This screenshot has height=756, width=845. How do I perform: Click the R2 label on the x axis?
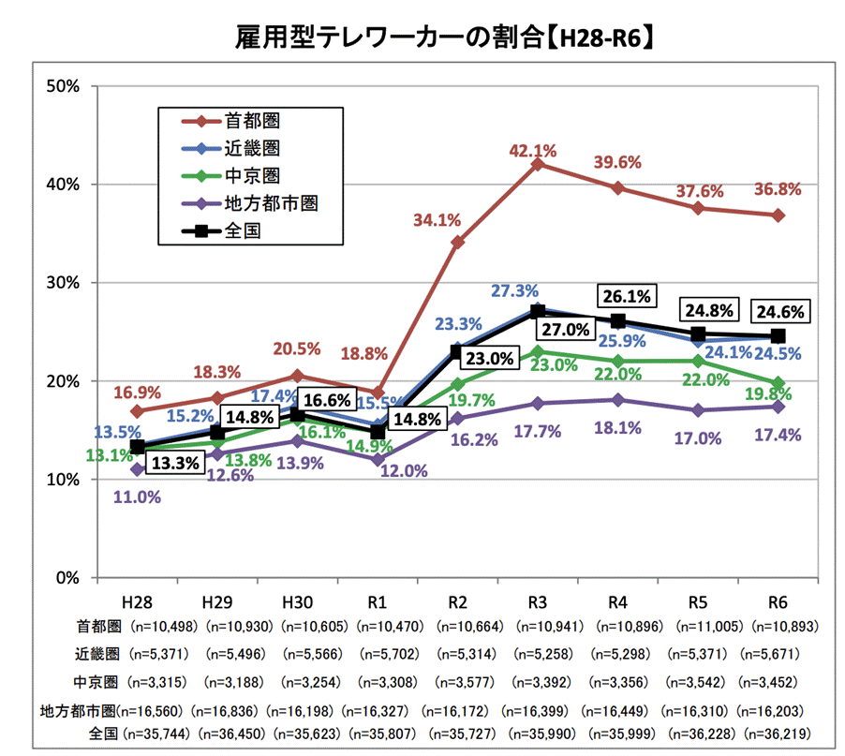[458, 599]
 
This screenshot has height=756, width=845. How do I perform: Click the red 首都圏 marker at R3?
[538, 164]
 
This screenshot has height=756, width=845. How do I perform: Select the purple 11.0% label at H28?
[137, 497]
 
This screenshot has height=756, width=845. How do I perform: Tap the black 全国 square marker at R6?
[778, 335]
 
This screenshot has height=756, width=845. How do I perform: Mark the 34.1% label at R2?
[437, 220]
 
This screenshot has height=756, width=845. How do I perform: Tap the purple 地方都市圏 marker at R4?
[617, 400]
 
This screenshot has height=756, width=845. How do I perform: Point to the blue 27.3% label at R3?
[515, 291]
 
